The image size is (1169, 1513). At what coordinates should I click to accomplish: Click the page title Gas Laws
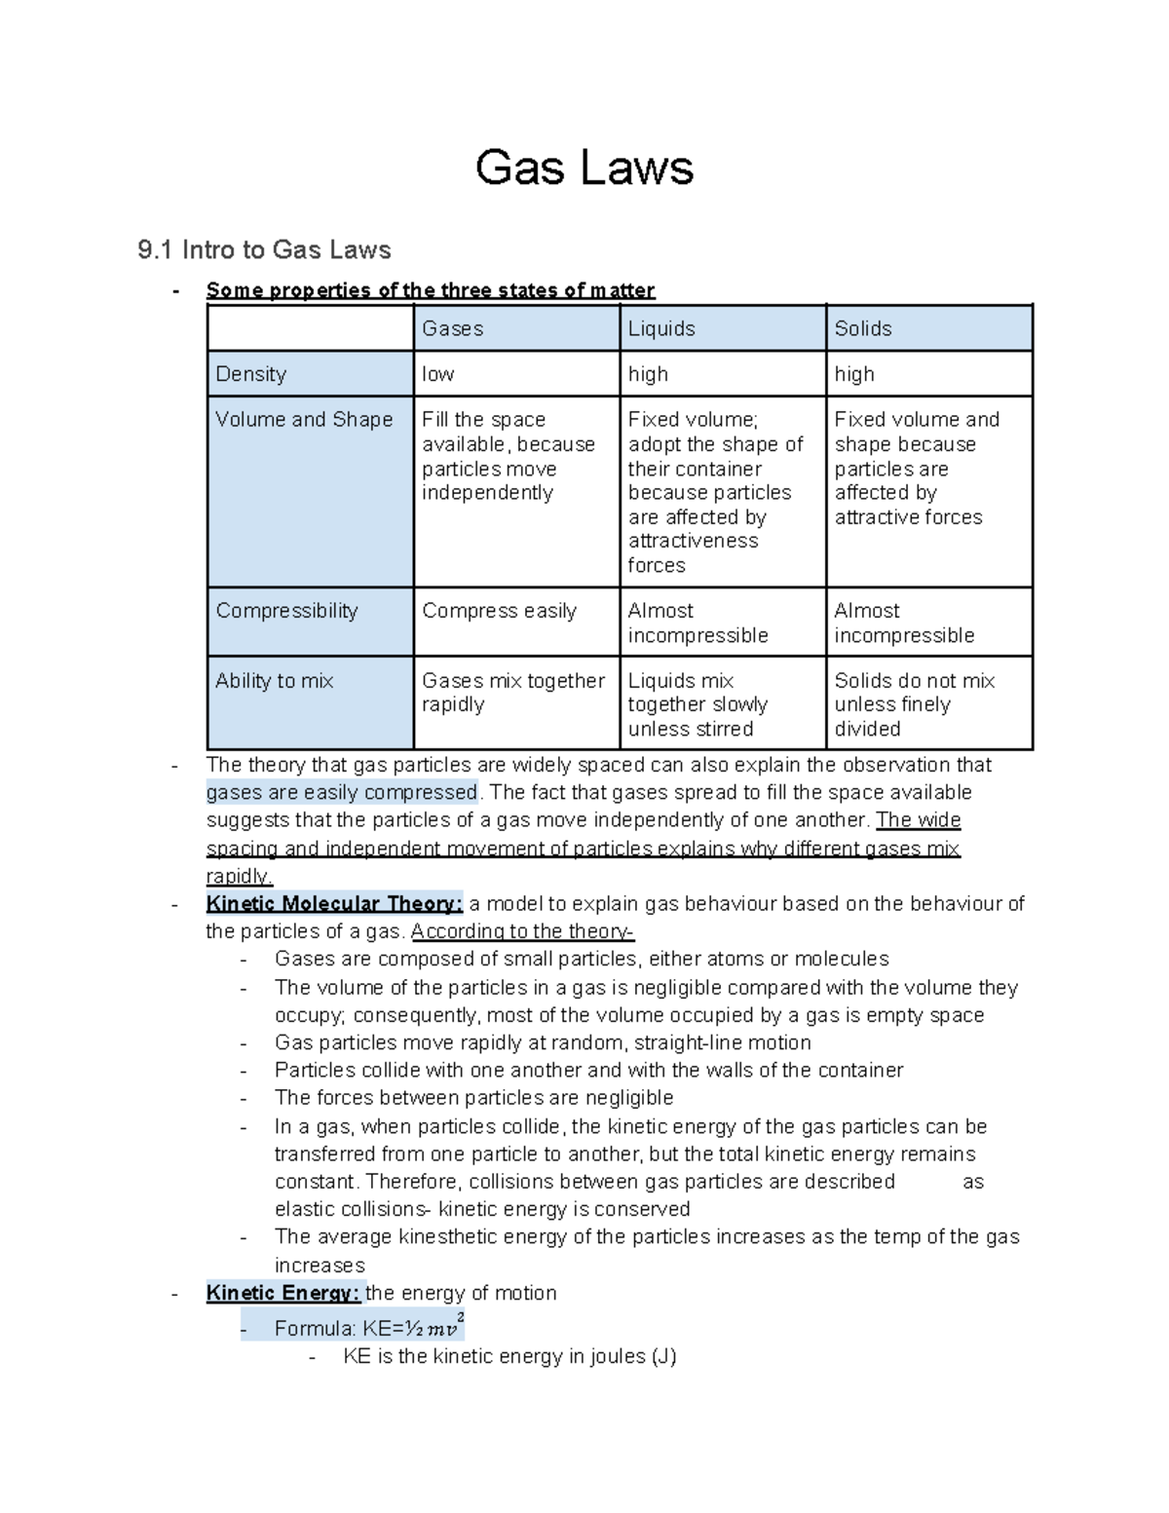584,168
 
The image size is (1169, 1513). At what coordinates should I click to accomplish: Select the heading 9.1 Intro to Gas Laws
264,250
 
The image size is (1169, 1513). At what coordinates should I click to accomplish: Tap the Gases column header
452,328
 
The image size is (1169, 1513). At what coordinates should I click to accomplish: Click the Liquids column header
660,328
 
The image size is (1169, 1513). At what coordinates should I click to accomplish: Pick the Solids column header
862,328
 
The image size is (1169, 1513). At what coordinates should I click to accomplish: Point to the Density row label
250,374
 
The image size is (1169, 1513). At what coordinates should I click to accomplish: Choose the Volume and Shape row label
303,419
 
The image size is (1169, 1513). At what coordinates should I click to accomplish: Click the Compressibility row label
286,611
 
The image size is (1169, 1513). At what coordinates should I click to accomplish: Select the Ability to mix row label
274,681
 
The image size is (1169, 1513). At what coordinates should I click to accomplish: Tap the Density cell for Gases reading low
437,374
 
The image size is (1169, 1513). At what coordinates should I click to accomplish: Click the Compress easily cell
499,611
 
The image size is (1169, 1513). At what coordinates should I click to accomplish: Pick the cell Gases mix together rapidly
512,693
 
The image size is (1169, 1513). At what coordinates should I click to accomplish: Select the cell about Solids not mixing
914,704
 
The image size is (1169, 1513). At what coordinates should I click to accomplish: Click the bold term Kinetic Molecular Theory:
334,904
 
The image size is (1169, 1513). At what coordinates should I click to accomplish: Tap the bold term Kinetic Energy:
283,1293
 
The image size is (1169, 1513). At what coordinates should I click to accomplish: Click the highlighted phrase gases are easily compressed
342,792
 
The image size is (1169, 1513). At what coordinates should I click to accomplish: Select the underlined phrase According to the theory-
522,931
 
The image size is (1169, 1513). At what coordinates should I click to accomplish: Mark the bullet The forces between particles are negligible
473,1098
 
